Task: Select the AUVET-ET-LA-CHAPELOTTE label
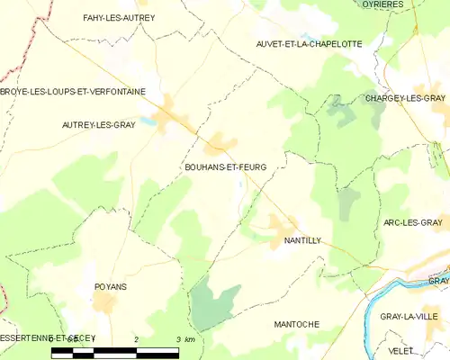pyautogui.click(x=309, y=43)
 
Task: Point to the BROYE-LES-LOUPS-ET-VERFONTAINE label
pyautogui.click(x=73, y=91)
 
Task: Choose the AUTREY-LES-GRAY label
pyautogui.click(x=98, y=125)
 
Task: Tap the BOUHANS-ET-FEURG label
pyautogui.click(x=225, y=167)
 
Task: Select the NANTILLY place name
pyautogui.click(x=302, y=241)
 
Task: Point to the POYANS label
pyautogui.click(x=110, y=286)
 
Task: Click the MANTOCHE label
pyautogui.click(x=296, y=322)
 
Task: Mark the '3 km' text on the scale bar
pyautogui.click(x=185, y=338)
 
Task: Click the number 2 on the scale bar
pyautogui.click(x=136, y=338)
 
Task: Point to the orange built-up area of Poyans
pyautogui.click(x=104, y=304)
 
